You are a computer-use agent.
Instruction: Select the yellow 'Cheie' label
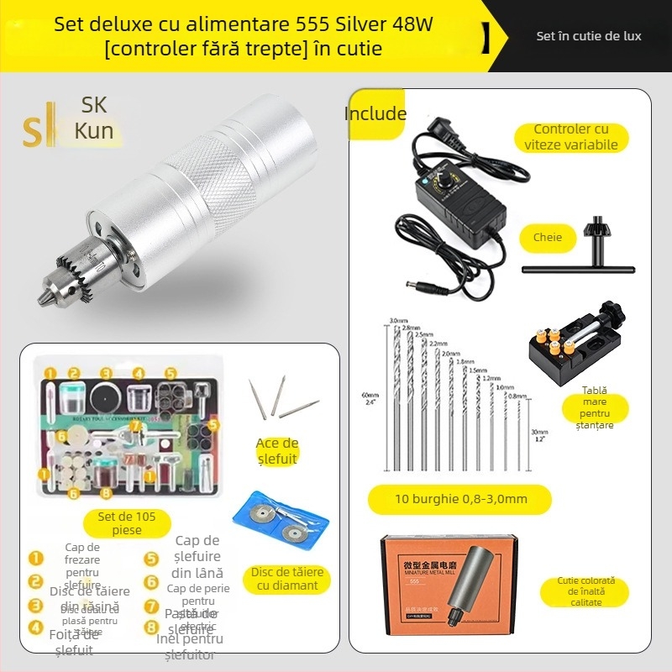coord(548,238)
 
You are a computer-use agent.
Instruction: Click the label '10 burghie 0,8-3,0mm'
coord(460,499)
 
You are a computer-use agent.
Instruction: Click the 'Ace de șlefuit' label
coord(276,451)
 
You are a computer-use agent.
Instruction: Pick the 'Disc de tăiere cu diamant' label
coord(287,579)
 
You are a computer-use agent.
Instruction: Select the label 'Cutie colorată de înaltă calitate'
coord(586,591)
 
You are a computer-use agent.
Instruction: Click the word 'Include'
coord(375,114)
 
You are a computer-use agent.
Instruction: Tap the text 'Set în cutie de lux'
coord(589,36)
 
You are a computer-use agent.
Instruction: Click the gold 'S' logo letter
coord(35,130)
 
